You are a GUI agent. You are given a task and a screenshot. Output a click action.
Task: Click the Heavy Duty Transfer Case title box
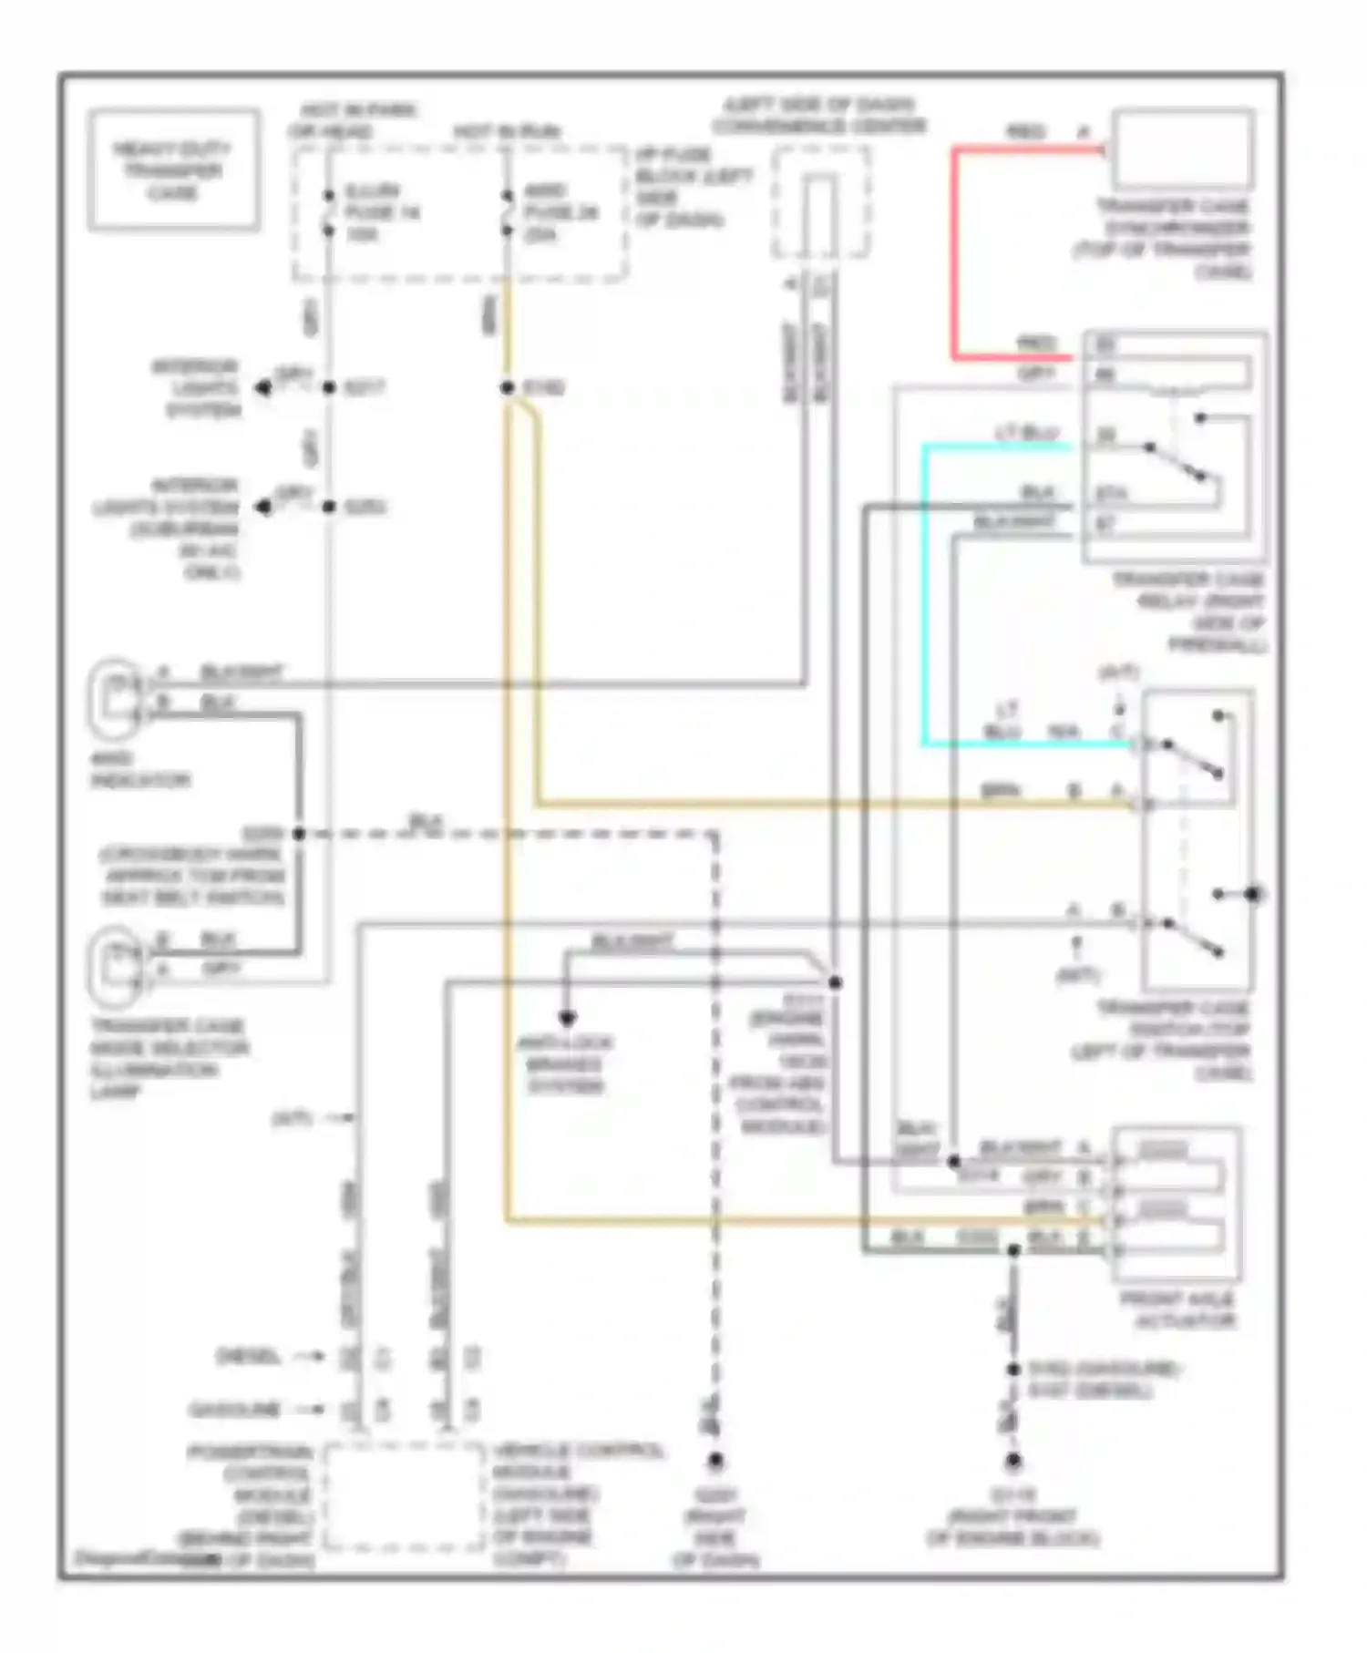pos(173,170)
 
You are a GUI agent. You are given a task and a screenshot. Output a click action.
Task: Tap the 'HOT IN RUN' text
pos(507,132)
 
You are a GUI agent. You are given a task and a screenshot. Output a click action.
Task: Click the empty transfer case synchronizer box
pos(1181,149)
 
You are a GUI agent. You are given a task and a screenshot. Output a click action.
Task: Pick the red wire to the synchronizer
pos(955,255)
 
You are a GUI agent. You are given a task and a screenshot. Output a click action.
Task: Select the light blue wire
pos(924,592)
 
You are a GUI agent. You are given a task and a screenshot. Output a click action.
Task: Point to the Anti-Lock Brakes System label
pos(565,1064)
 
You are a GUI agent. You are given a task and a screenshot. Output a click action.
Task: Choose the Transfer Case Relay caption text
pos(1189,612)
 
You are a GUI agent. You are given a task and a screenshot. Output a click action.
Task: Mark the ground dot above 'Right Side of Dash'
pos(715,1462)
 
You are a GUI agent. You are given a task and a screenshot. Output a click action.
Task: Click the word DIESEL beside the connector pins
pos(248,1357)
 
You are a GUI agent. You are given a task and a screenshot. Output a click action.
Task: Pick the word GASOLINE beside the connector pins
pos(234,1410)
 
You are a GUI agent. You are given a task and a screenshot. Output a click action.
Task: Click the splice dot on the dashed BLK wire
pos(298,834)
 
